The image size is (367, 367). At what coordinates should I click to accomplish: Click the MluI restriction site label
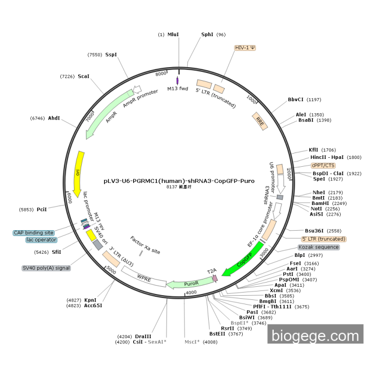[x=173, y=35]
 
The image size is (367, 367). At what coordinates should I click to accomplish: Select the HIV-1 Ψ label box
[x=245, y=48]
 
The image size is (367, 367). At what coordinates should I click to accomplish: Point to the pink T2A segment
[x=214, y=278]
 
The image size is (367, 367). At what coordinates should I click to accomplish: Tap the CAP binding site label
[x=34, y=233]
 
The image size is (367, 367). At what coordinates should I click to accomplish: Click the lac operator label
[x=41, y=240]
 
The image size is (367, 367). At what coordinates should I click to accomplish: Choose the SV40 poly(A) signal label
[x=46, y=268]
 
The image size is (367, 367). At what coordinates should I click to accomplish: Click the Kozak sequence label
[x=318, y=247]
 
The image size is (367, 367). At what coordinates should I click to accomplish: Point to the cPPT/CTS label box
[x=323, y=165]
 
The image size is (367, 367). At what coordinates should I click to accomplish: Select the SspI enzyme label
[x=111, y=55]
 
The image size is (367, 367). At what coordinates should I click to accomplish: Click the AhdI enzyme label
[x=54, y=118]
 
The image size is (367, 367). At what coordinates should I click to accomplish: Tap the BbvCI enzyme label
[x=296, y=100]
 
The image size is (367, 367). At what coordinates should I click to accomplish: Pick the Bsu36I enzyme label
[x=315, y=231]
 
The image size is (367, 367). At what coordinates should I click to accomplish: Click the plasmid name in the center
[x=179, y=181]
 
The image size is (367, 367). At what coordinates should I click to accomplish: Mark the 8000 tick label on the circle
[x=160, y=74]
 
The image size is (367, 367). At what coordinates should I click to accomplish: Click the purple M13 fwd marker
[x=178, y=81]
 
